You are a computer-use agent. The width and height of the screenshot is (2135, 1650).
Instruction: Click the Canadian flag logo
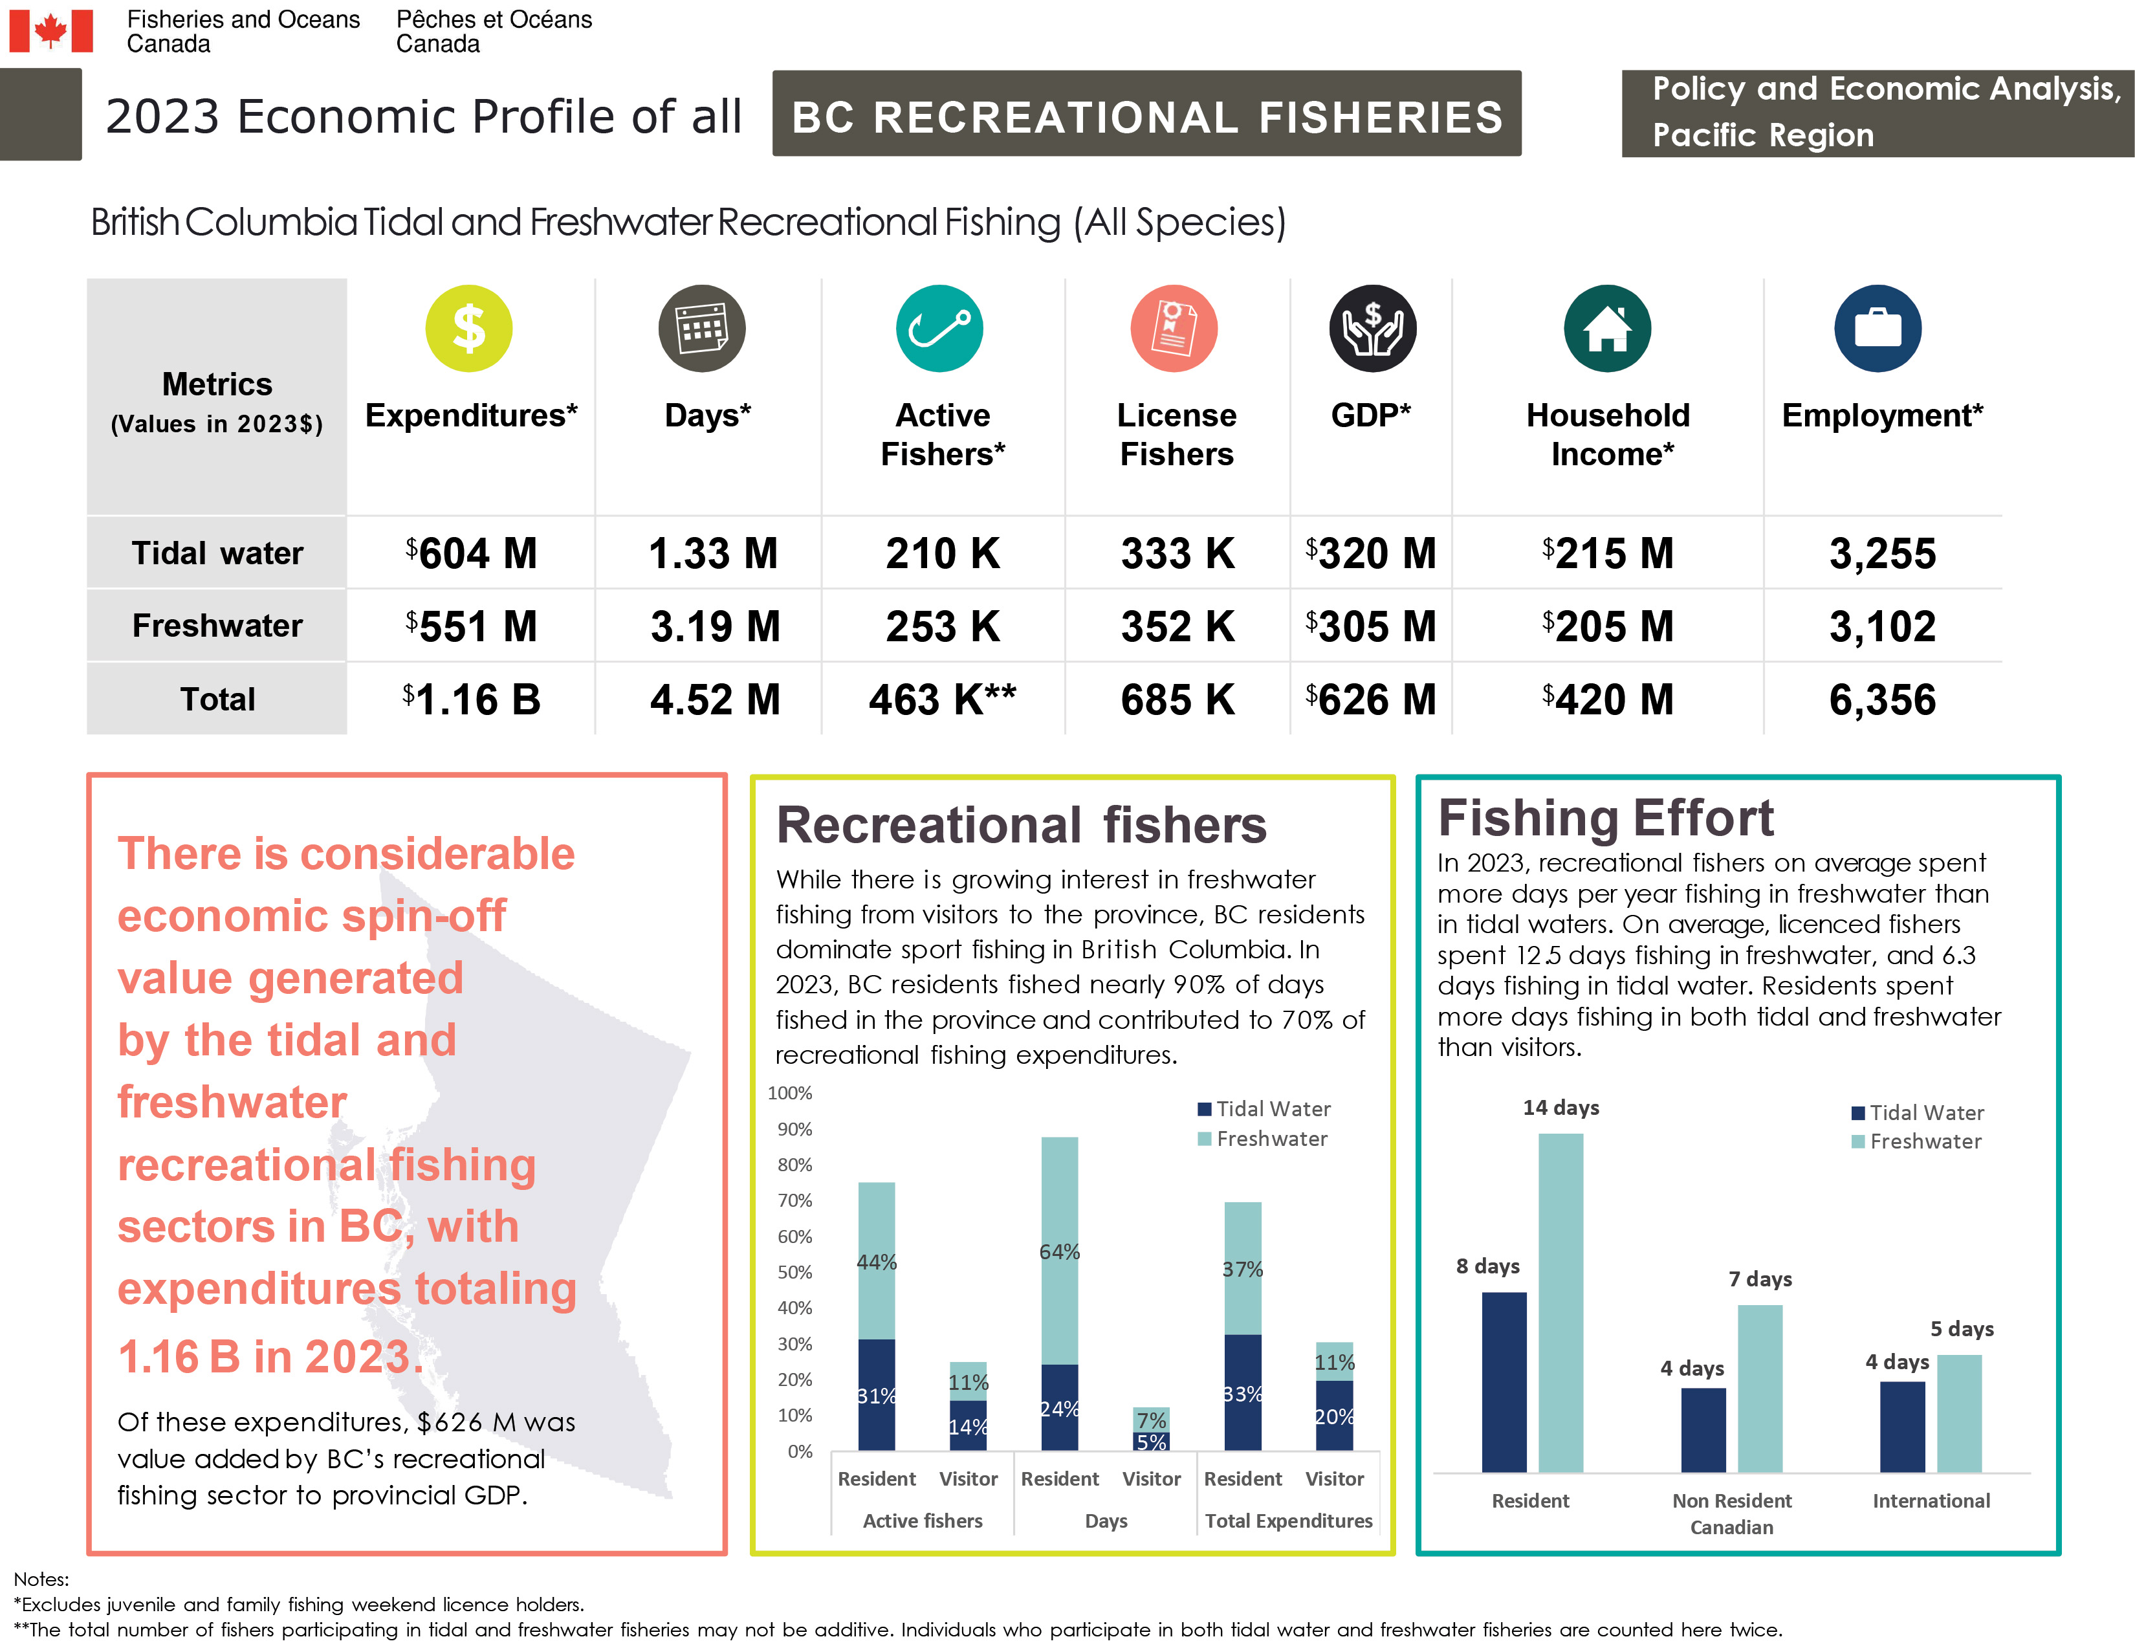[x=51, y=31]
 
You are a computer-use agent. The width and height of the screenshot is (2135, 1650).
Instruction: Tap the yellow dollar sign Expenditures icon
[x=468, y=329]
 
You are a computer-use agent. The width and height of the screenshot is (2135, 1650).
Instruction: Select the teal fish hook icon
[x=939, y=329]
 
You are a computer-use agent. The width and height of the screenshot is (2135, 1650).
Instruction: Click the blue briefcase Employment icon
[x=1877, y=329]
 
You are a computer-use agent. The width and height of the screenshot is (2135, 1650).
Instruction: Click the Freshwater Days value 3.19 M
[x=715, y=626]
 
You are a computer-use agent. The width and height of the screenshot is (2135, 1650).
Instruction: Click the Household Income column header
[x=1608, y=434]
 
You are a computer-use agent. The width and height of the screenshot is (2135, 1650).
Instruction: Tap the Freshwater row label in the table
[x=217, y=626]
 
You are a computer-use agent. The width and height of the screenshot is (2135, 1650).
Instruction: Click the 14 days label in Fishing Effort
[x=1560, y=1108]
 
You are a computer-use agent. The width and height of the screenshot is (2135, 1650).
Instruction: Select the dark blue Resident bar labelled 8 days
[x=1504, y=1381]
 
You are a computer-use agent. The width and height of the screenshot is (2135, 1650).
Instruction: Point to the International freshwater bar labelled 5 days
[x=1958, y=1413]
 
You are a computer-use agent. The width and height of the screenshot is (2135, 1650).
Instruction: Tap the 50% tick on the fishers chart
[x=794, y=1271]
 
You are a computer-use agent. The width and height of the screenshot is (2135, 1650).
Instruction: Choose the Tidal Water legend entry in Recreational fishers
[x=1264, y=1108]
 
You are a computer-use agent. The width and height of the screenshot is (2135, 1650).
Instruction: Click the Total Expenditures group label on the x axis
[x=1287, y=1521]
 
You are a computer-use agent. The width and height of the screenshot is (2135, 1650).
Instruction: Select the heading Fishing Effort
[x=1604, y=818]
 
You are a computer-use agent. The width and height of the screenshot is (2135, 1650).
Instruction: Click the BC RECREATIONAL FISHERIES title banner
[x=1146, y=115]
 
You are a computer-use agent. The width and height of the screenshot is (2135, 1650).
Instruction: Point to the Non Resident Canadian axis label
[x=1731, y=1513]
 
